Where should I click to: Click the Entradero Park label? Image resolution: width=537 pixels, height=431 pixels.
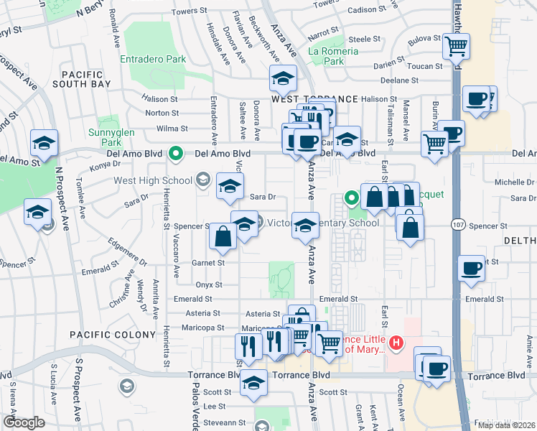tap(153, 60)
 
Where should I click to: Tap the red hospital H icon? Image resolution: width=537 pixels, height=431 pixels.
tap(396, 345)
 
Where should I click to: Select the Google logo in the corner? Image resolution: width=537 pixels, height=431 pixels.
tap(24, 422)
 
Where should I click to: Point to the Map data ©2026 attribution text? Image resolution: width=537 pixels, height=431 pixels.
tap(506, 425)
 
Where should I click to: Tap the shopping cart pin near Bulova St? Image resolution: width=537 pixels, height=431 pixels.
tap(457, 47)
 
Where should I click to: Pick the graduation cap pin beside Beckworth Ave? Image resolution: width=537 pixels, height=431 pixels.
tap(284, 78)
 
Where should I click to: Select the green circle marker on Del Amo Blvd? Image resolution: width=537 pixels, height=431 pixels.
tap(174, 153)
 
